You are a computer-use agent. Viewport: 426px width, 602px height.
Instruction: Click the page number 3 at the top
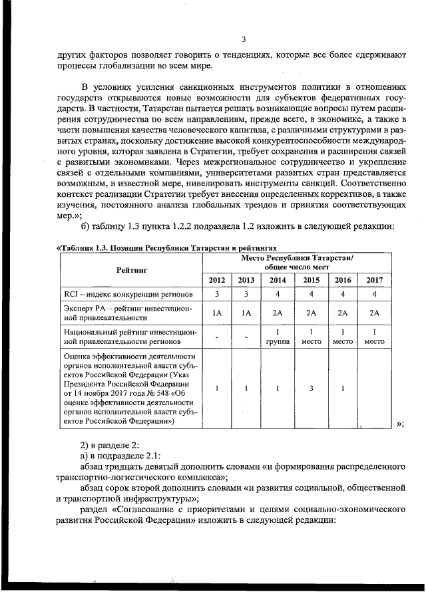coord(244,40)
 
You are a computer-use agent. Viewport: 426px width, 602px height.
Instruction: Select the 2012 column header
coord(217,280)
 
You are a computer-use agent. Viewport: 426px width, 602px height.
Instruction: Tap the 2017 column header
coord(375,280)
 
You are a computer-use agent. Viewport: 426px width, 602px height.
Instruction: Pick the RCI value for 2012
coord(217,293)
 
